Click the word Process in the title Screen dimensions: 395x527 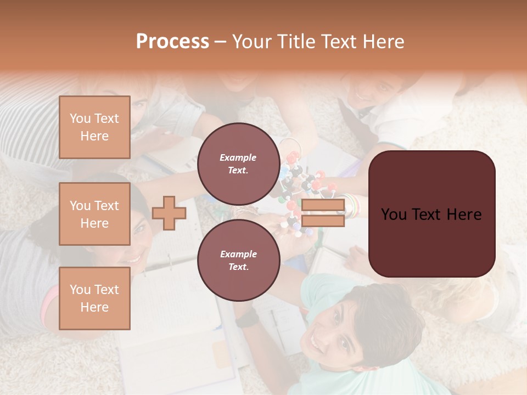(x=172, y=42)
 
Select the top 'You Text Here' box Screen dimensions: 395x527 (x=94, y=127)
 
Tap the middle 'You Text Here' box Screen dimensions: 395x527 (x=94, y=214)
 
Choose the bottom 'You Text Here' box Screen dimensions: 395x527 (x=94, y=298)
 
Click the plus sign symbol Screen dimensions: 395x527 (x=169, y=213)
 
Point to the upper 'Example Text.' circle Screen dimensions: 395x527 (x=238, y=163)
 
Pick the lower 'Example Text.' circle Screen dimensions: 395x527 (x=238, y=260)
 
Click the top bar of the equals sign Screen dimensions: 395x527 (x=323, y=206)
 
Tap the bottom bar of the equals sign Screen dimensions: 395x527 (x=323, y=221)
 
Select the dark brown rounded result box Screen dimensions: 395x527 (x=431, y=214)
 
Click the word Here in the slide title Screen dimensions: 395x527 (x=383, y=42)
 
